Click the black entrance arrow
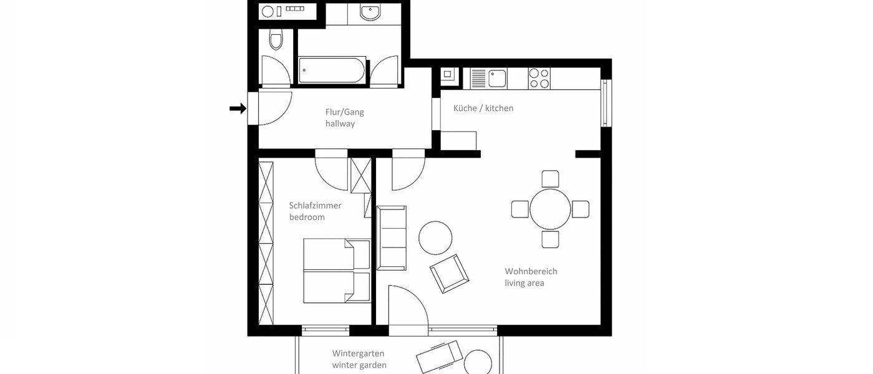coord(238,109)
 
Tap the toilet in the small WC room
coord(275,41)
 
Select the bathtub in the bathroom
coord(332,71)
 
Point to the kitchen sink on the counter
coord(496,78)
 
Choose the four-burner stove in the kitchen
coord(539,78)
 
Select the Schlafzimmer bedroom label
coord(315,211)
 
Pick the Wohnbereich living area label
coord(531,277)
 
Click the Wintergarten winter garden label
coord(359,359)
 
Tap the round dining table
coord(550,209)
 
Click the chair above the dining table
coord(550,179)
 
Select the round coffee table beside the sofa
coord(435,237)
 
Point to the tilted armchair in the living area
coord(449,273)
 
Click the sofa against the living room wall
coord(392,238)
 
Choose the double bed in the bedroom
coord(337,271)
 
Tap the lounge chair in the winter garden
coord(440,357)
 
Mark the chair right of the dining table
coord(581,209)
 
